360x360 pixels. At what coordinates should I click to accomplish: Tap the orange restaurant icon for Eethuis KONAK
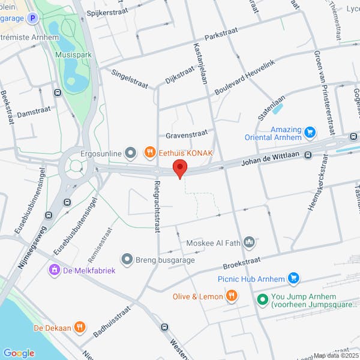(x=150, y=153)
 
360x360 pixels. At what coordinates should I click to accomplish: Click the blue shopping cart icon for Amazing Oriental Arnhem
(x=310, y=132)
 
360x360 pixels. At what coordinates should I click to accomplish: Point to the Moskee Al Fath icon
(x=249, y=242)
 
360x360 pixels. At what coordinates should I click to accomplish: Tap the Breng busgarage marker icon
(x=127, y=260)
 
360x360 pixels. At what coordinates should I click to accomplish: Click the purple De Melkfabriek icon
(x=55, y=270)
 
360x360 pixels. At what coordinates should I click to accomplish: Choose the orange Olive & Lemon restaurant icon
(x=231, y=296)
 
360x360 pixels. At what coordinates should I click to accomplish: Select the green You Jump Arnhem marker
(x=262, y=298)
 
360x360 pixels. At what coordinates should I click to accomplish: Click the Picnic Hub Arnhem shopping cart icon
(x=293, y=278)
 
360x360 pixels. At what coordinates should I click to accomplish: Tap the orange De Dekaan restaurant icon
(x=80, y=328)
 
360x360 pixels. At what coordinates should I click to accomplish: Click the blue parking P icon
(x=32, y=18)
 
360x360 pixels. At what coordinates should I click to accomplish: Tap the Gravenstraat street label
(x=187, y=133)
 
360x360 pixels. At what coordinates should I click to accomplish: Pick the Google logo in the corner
(x=19, y=353)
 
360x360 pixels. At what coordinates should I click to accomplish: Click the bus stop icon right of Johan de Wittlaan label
(x=308, y=155)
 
